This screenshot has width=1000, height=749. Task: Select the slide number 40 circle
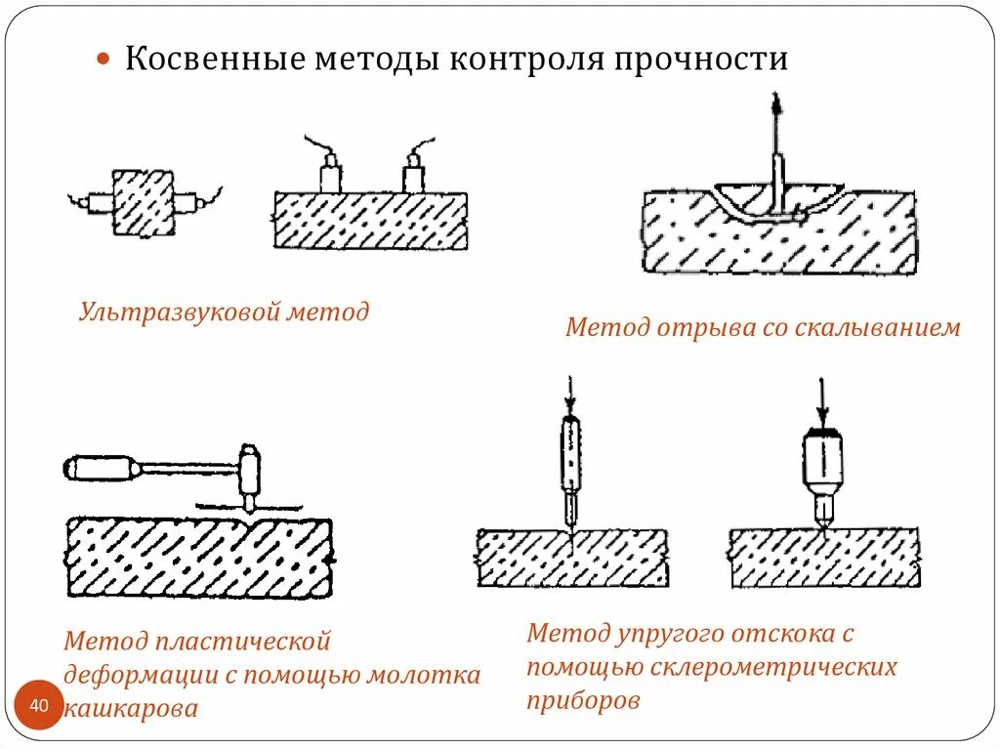point(39,705)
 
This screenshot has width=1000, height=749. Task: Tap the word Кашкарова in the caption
point(131,708)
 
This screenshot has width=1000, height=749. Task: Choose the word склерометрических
point(771,667)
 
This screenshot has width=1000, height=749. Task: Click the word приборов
point(584,700)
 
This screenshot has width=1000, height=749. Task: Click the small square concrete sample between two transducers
point(143,202)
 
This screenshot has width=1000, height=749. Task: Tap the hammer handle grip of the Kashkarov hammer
point(98,467)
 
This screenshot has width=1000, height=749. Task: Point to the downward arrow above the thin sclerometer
point(571,395)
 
